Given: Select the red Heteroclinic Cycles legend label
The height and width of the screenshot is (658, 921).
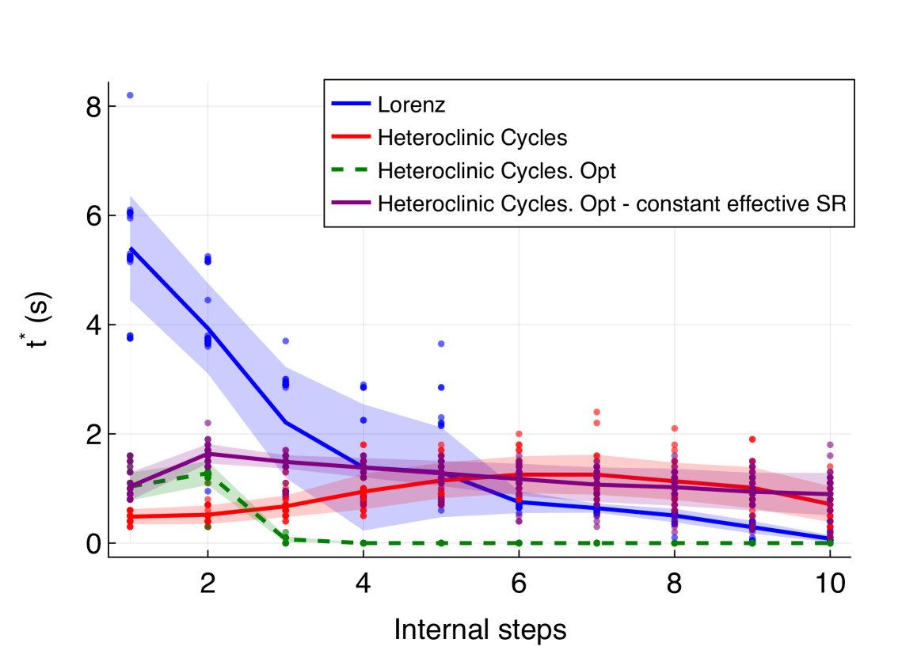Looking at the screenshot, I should (x=473, y=137).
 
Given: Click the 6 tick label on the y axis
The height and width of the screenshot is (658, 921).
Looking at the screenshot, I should (x=93, y=215).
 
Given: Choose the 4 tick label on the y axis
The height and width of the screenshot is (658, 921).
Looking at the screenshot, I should (x=93, y=325).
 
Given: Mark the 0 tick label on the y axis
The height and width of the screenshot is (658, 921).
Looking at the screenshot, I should (x=93, y=543).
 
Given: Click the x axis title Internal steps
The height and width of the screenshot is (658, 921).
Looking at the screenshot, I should (x=480, y=630).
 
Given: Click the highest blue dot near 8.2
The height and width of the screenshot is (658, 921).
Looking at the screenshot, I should (x=130, y=95).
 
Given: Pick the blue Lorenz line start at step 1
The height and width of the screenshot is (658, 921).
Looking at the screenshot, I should (x=130, y=248).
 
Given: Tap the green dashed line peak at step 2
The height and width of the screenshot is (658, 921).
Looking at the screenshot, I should (x=207, y=472).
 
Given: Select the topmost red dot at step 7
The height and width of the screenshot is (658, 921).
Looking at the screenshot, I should (x=596, y=412).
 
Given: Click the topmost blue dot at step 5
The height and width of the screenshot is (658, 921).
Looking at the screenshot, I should (x=441, y=344).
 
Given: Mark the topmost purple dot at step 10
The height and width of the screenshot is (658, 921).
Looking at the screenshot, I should (x=830, y=445).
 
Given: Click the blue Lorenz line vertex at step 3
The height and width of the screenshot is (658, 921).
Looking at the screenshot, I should (x=285, y=422).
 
